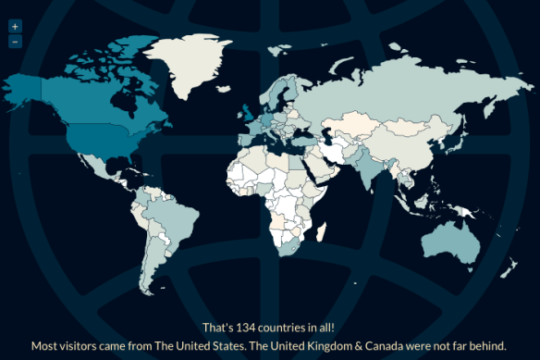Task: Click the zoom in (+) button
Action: pos(15,27)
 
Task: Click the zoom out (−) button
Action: pos(15,42)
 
